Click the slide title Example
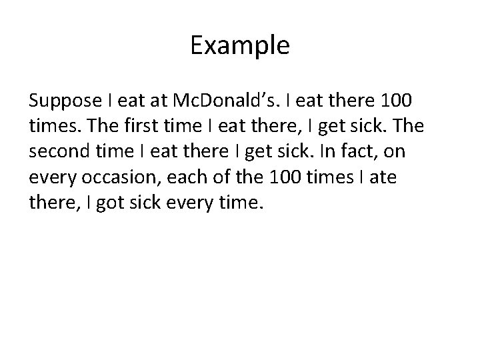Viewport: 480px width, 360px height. [239, 46]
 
